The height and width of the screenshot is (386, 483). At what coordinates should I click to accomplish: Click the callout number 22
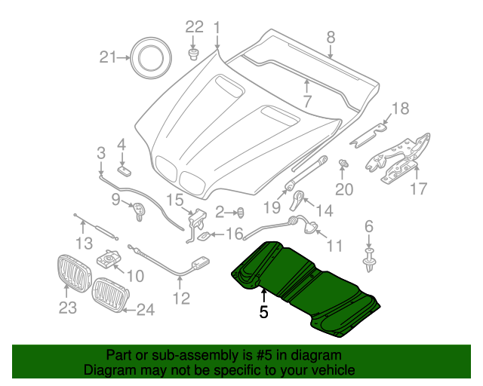point(195,27)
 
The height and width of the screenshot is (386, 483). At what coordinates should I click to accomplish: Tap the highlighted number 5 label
point(263,311)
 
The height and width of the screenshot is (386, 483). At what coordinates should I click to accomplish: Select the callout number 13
point(85,242)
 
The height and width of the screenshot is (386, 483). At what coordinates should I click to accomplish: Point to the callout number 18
point(399,108)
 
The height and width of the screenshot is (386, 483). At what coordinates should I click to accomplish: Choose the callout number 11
point(334,245)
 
